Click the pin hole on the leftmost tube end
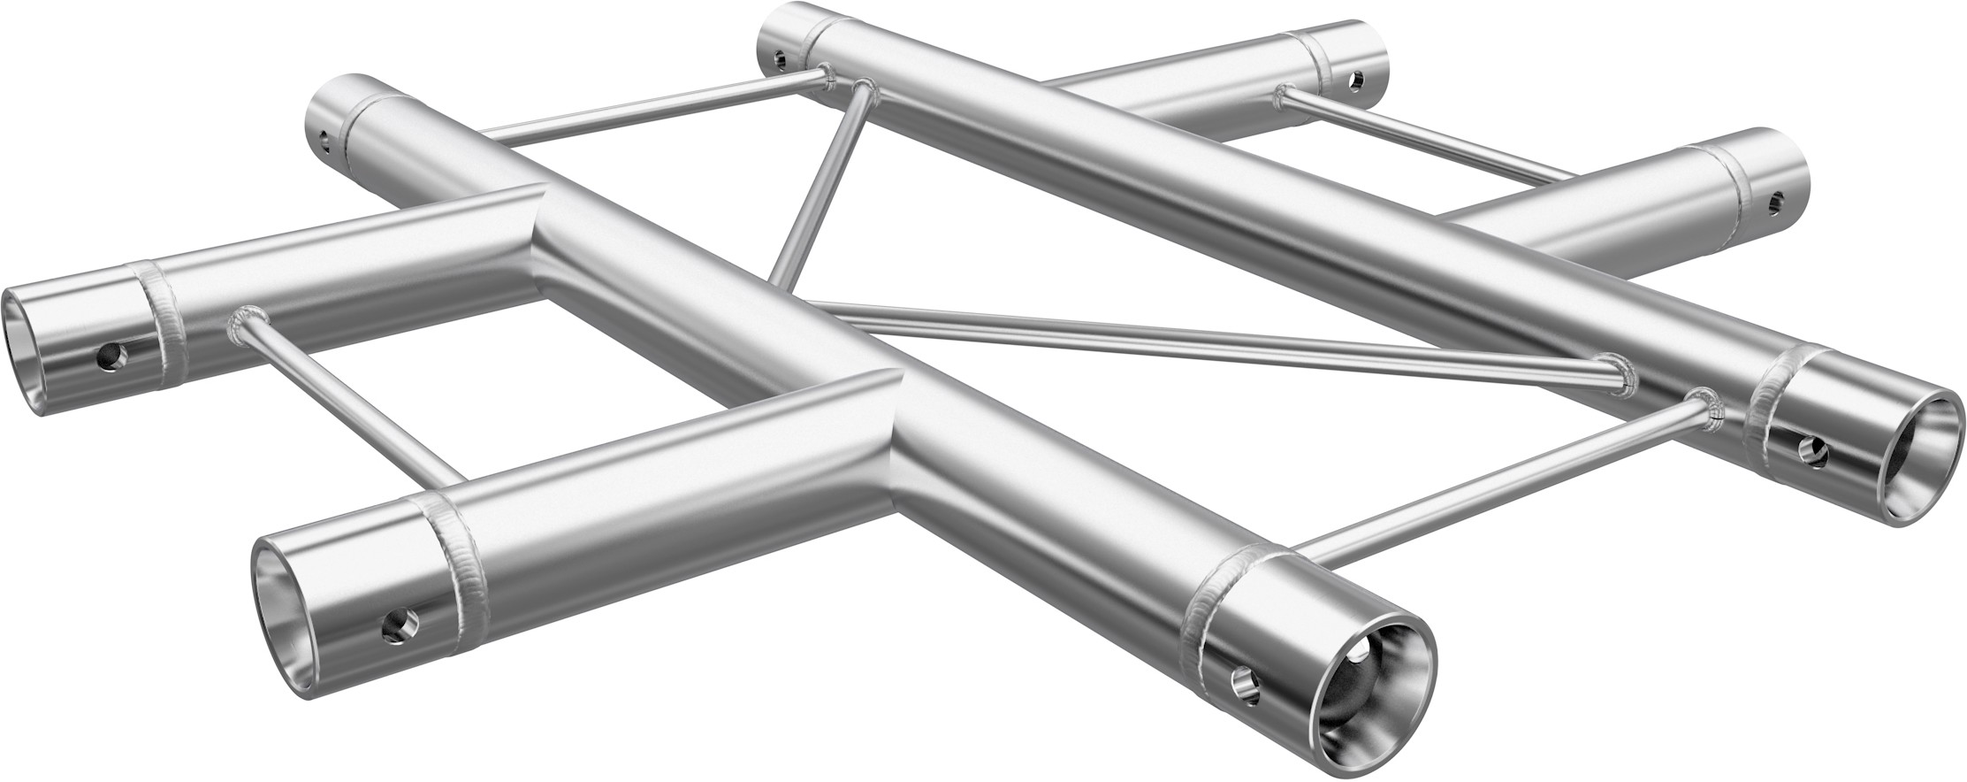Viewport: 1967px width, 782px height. [x=111, y=356]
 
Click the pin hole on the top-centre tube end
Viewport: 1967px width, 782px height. [x=778, y=60]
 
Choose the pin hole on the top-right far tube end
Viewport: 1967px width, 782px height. [x=1355, y=81]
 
